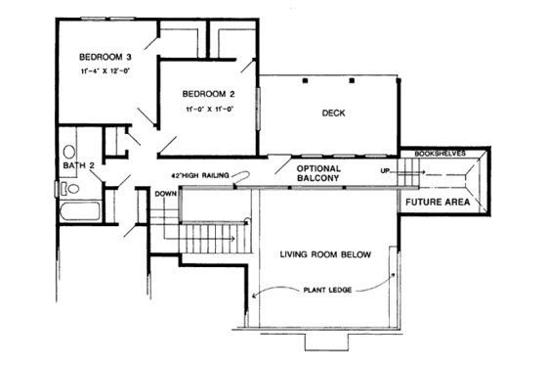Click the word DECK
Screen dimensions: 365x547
tap(333, 114)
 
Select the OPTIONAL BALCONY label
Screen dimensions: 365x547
tap(317, 175)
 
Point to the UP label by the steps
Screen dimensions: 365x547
tap(385, 170)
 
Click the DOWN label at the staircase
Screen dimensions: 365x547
tap(163, 194)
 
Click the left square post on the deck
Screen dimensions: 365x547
tap(305, 79)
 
